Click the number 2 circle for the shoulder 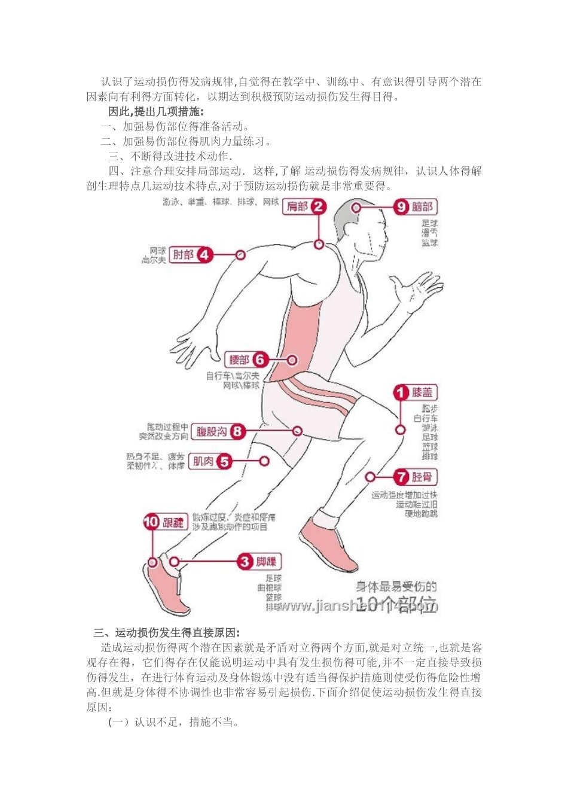[x=319, y=207]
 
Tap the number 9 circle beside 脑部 [x=400, y=207]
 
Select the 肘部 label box [x=184, y=255]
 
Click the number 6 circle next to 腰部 [x=259, y=360]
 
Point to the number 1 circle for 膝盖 [x=401, y=393]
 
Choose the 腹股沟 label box [x=212, y=431]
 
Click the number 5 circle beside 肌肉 [x=224, y=461]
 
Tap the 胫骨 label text [x=422, y=477]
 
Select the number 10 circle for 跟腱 [x=151, y=522]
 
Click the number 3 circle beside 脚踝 [x=245, y=562]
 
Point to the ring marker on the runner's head [x=356, y=208]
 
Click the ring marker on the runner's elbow [x=240, y=255]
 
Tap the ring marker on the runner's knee [x=399, y=430]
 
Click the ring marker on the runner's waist [x=292, y=360]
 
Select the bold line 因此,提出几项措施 [x=155, y=111]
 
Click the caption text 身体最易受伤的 [x=396, y=586]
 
